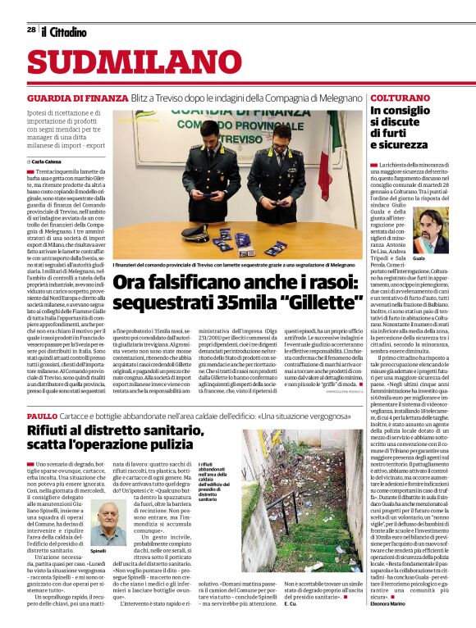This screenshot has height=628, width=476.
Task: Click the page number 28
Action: tap(31, 30)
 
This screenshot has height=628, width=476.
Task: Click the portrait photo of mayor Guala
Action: tap(429, 229)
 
